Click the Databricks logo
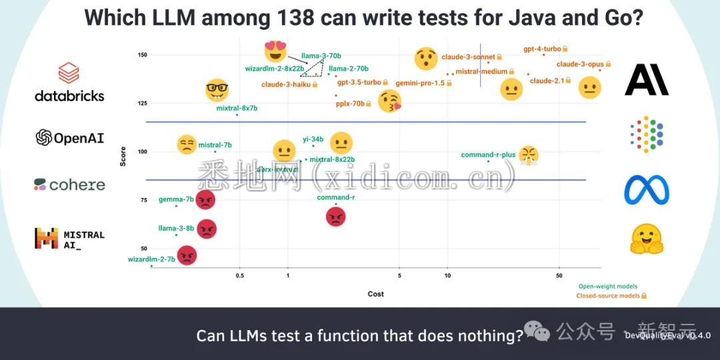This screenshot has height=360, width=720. (x=69, y=82)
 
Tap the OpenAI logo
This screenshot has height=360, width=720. (x=70, y=138)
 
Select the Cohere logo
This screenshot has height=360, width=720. (x=70, y=185)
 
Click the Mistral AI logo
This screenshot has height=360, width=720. (x=70, y=239)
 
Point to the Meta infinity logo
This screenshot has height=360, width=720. (x=646, y=190)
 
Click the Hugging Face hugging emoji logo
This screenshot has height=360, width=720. (x=646, y=239)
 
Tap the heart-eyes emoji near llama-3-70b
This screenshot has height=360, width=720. (x=275, y=51)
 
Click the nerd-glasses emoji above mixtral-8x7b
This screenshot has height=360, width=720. (x=217, y=89)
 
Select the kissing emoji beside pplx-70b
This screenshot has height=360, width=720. (x=390, y=101)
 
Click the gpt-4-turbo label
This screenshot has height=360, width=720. (x=542, y=49)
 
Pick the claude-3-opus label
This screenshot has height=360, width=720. (x=580, y=64)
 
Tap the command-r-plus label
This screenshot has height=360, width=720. (x=488, y=155)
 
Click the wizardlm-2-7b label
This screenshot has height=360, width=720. (x=151, y=259)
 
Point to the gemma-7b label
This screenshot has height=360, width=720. (x=176, y=199)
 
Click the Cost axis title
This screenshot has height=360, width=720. (x=376, y=294)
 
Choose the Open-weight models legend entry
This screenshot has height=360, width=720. (x=608, y=286)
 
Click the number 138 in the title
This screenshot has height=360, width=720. (x=292, y=17)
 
